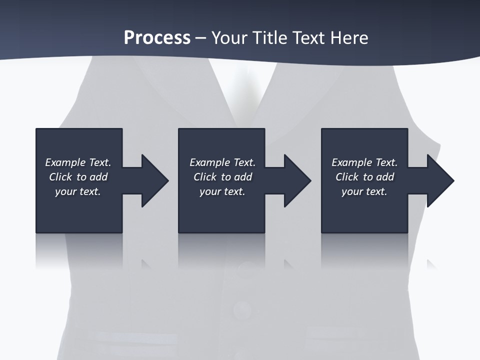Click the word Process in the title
point(157,38)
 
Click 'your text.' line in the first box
point(78,191)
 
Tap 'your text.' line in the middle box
point(222,191)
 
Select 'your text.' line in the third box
point(364,191)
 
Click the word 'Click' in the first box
point(60,177)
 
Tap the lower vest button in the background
point(242,310)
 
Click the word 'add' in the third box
point(384,177)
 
